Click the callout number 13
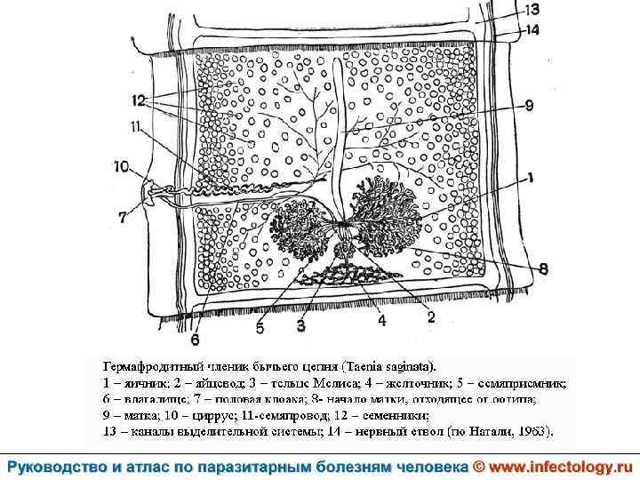[x=532, y=10]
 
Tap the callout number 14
[x=532, y=29]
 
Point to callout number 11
[x=135, y=127]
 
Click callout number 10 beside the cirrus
[x=121, y=165]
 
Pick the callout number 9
[x=528, y=106]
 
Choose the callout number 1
[x=528, y=178]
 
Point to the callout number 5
[x=260, y=327]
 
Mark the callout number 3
[x=301, y=325]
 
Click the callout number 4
[x=381, y=321]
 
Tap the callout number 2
[x=430, y=316]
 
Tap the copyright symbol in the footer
[x=477, y=467]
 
